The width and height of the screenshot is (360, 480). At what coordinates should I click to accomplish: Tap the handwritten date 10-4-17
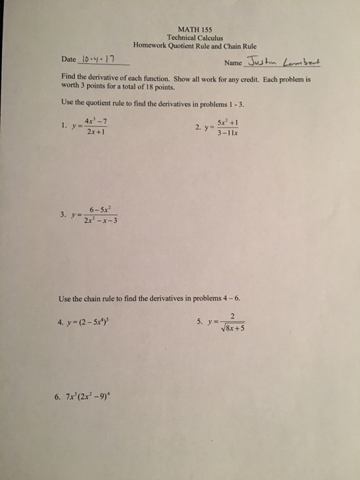click(x=100, y=60)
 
